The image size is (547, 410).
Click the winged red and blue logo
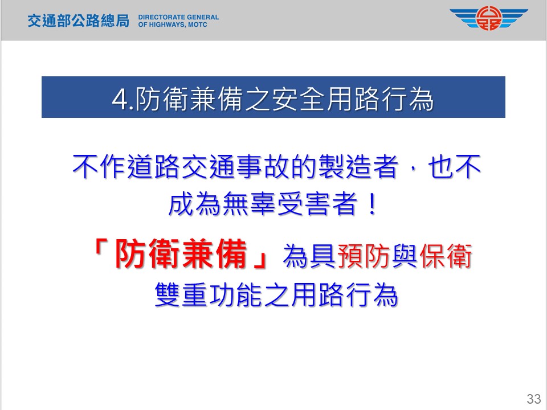point(489,19)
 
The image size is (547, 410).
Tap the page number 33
point(534,399)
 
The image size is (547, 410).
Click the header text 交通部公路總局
point(79,21)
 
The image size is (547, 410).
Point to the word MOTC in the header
point(198,24)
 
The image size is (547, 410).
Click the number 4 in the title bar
point(120,100)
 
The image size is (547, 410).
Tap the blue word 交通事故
point(236,167)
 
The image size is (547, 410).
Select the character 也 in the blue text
point(441,167)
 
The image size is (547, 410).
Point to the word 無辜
point(250,204)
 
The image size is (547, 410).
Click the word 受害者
point(318,204)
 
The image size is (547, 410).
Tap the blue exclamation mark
point(373,204)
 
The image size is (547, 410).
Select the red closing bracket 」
point(260,260)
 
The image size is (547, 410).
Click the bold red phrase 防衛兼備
point(181,254)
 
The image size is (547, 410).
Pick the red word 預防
point(364,256)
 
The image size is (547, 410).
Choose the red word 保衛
point(446,256)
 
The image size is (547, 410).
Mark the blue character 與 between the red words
point(405,256)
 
